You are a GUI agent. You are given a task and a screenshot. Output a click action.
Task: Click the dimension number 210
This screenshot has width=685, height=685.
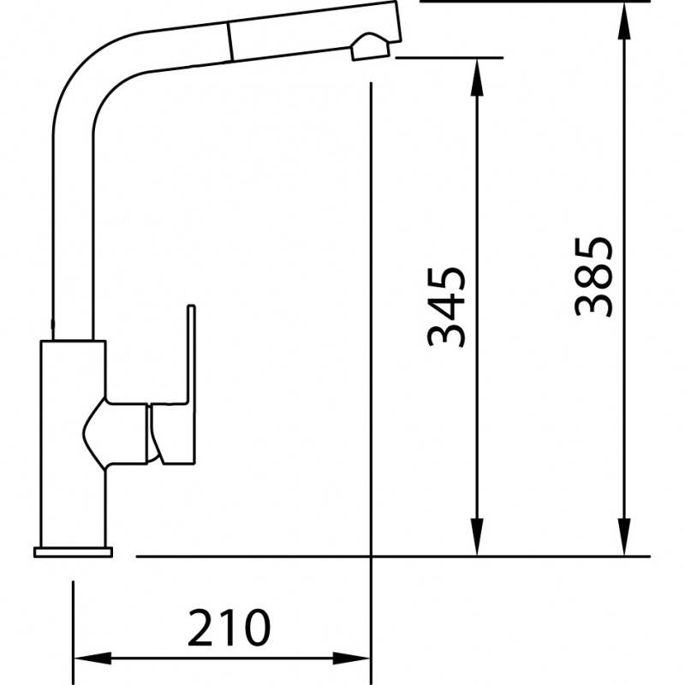click(x=229, y=628)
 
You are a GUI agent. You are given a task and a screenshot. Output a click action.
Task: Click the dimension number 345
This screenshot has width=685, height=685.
click(x=446, y=307)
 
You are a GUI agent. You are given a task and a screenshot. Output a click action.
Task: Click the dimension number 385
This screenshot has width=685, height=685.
click(x=593, y=277)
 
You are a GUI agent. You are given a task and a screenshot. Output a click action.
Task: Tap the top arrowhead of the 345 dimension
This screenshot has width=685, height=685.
click(x=477, y=77)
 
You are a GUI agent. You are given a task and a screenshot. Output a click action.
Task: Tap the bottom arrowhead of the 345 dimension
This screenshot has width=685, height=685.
click(x=477, y=537)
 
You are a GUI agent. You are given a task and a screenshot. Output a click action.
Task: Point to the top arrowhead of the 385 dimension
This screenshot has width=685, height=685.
click(x=625, y=21)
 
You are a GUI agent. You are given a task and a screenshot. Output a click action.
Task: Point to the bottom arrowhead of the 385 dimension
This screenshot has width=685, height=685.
click(x=625, y=537)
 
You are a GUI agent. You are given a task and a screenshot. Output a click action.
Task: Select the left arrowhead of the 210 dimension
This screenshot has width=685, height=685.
click(x=92, y=658)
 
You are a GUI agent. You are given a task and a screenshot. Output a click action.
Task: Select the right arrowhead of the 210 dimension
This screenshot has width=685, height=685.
click(x=352, y=658)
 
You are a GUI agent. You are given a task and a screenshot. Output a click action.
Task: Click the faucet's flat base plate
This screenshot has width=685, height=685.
click(x=73, y=552)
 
